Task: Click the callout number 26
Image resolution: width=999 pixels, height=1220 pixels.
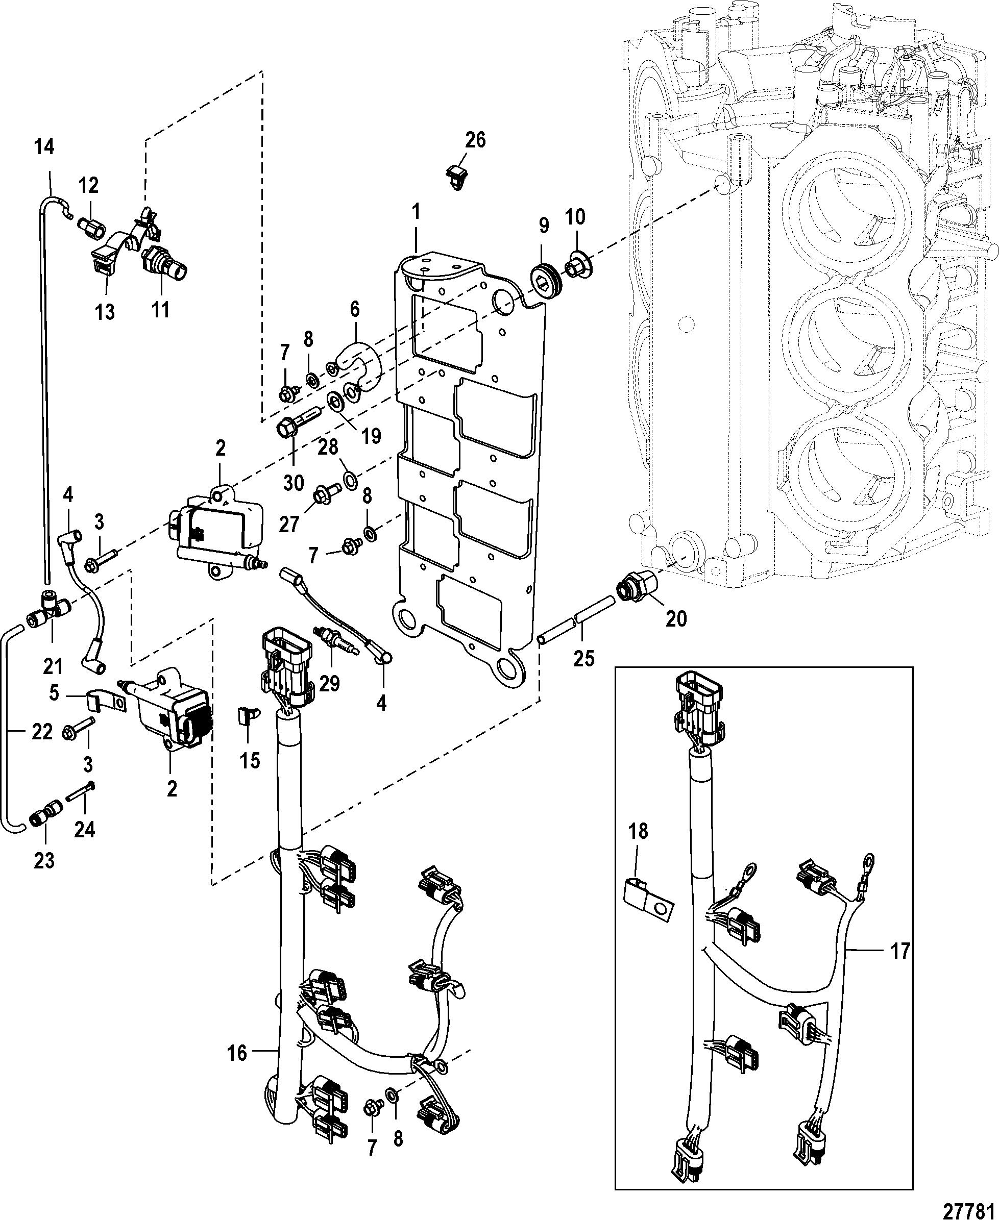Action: [x=475, y=140]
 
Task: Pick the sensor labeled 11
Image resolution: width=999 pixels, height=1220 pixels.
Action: [x=164, y=260]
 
